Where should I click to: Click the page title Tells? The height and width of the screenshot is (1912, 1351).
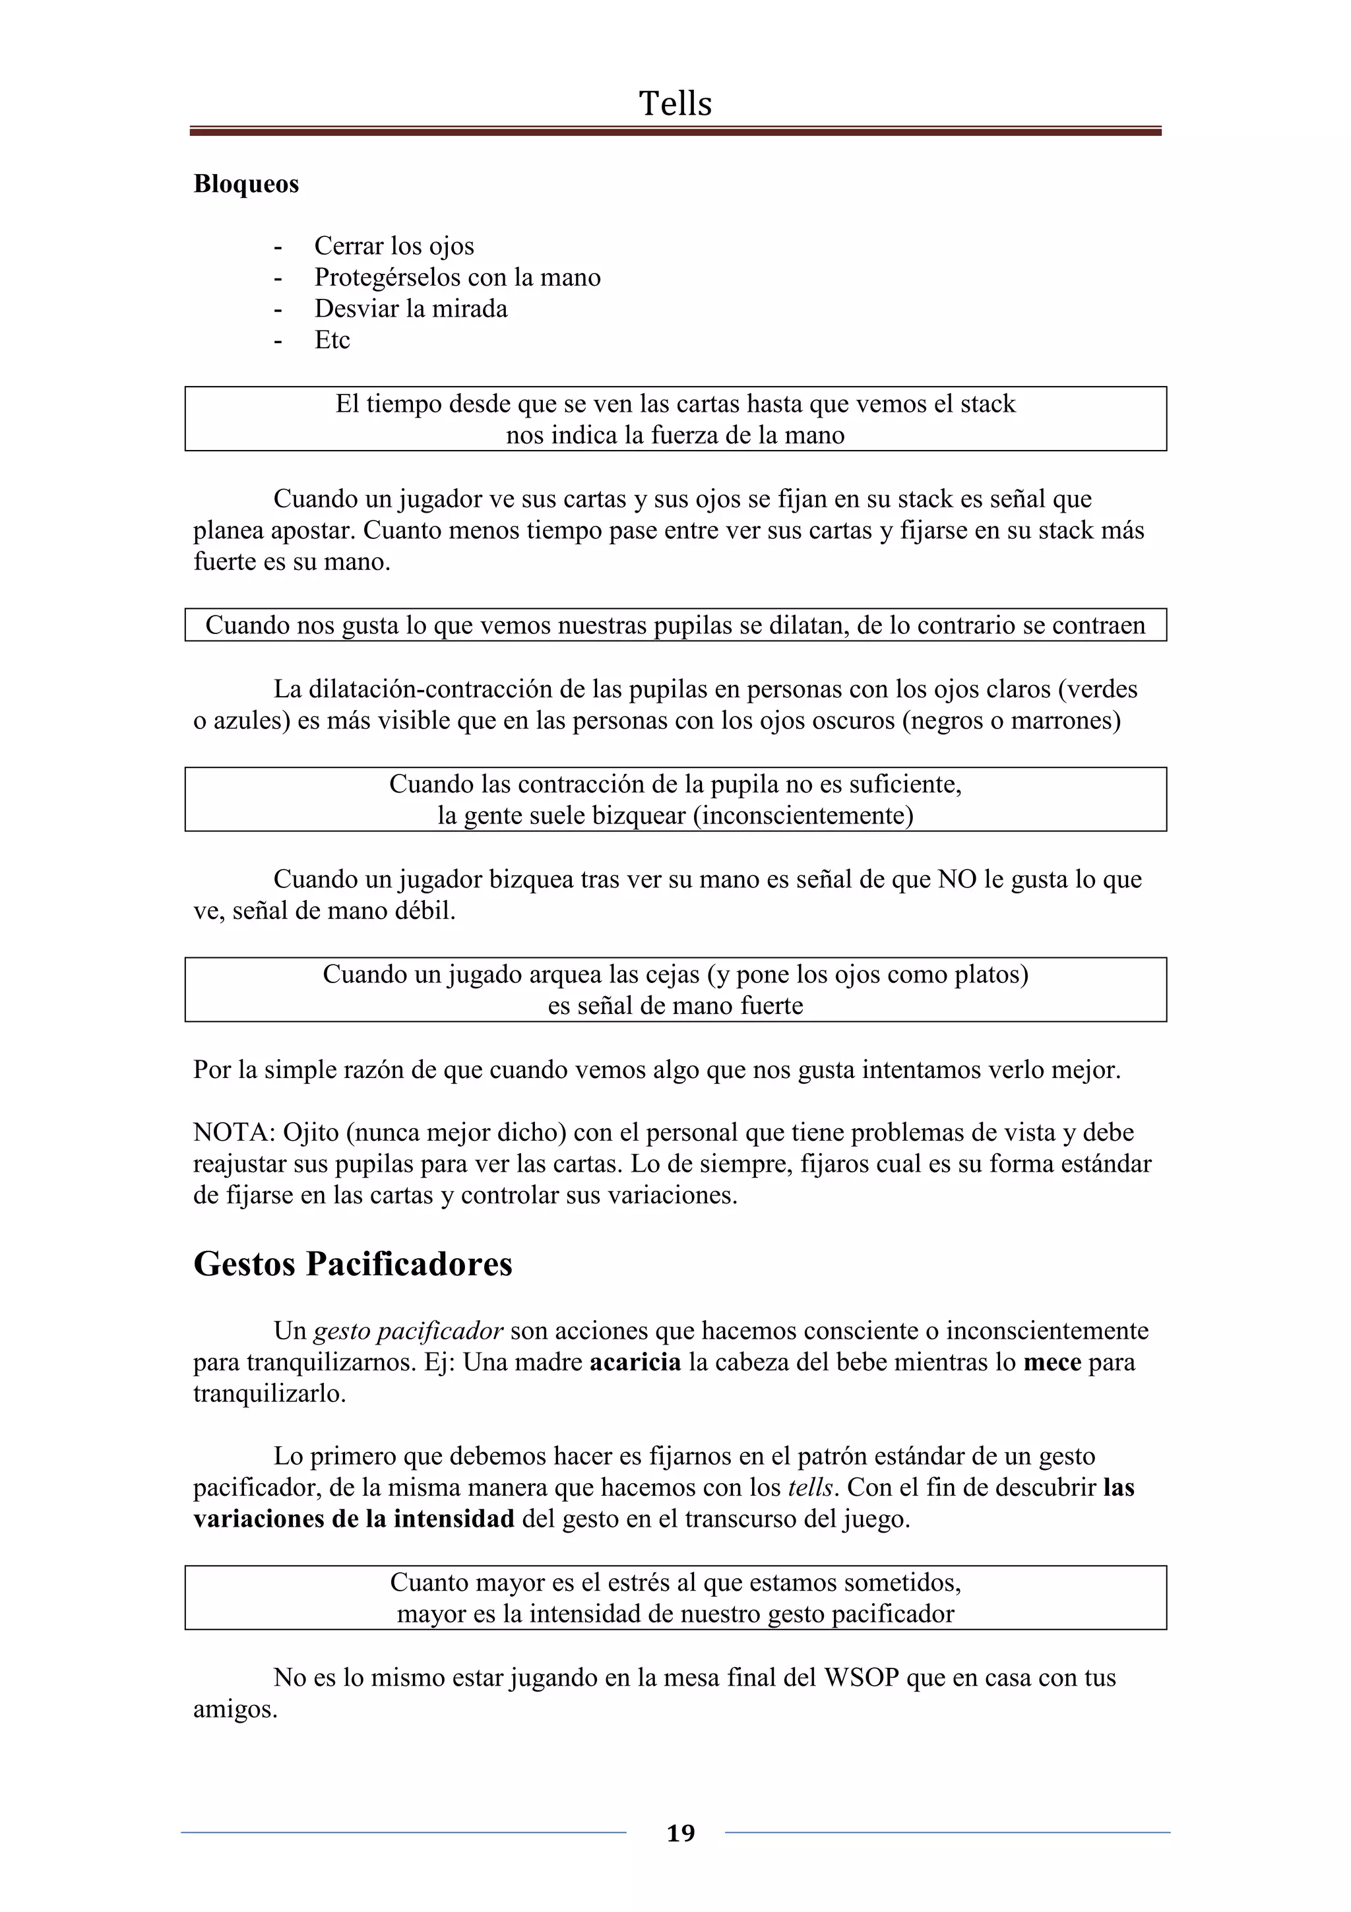(675, 104)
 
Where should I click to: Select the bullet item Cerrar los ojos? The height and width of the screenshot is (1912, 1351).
(394, 247)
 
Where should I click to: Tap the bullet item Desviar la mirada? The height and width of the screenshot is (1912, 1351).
(410, 309)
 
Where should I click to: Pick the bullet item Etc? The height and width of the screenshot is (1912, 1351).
(331, 340)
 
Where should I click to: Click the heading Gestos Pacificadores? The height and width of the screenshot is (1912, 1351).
(353, 1263)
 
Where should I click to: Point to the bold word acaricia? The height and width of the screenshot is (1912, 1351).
(635, 1362)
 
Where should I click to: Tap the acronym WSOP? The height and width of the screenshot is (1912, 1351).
(862, 1677)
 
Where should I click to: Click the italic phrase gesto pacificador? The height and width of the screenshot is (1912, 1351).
(408, 1331)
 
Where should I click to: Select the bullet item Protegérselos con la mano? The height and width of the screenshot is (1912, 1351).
(457, 277)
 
